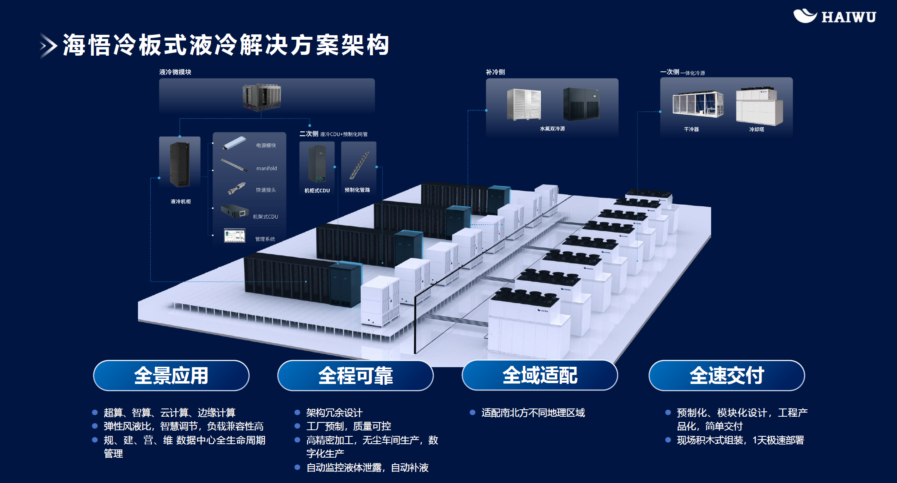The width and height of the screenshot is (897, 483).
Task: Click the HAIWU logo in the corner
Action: tap(834, 16)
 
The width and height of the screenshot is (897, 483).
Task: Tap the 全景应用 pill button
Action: tap(171, 375)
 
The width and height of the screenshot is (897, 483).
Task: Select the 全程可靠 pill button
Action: tap(355, 375)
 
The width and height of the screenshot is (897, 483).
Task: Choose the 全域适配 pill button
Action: tap(540, 375)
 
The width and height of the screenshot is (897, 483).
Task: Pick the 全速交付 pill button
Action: tap(727, 375)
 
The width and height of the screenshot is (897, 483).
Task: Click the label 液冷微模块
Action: tap(175, 72)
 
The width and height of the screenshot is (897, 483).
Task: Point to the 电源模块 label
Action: tap(266, 145)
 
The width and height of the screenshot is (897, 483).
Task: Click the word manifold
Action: tap(267, 168)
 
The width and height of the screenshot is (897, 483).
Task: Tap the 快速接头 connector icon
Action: tap(237, 189)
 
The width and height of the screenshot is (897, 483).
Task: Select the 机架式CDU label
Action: tap(265, 217)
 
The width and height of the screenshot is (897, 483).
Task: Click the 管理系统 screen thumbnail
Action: tap(235, 236)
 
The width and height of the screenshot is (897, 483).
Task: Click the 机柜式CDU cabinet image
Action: tap(317, 164)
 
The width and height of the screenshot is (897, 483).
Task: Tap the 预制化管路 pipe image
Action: tap(359, 165)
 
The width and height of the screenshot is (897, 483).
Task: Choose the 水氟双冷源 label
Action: tap(552, 129)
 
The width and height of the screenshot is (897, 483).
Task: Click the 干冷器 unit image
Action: tap(698, 104)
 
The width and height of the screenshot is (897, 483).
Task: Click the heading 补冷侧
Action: tap(495, 72)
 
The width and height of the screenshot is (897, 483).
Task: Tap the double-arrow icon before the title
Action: tap(48, 45)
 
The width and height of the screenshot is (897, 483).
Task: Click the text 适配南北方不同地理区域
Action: tap(533, 413)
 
